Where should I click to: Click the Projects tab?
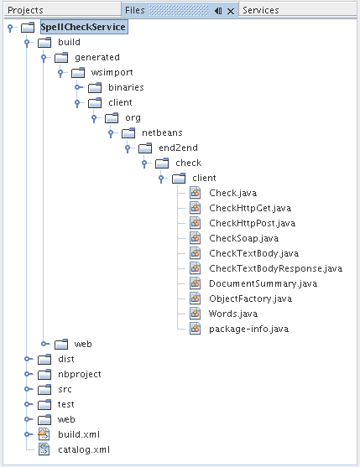pyautogui.click(x=26, y=10)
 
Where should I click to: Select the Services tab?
pyautogui.click(x=261, y=10)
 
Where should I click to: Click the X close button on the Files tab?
pyautogui.click(x=231, y=11)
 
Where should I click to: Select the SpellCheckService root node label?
pyautogui.click(x=83, y=27)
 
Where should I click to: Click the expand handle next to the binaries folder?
pyautogui.click(x=78, y=87)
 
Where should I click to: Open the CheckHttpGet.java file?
pyautogui.click(x=250, y=208)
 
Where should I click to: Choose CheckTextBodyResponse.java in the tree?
pyautogui.click(x=275, y=268)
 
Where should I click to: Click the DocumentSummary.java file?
pyautogui.click(x=263, y=283)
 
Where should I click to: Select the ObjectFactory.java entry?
pyautogui.click(x=251, y=298)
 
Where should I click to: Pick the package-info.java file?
pyautogui.click(x=249, y=329)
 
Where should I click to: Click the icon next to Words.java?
pyautogui.click(x=196, y=314)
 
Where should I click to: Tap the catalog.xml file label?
pyautogui.click(x=84, y=449)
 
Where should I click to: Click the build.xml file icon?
pyautogui.click(x=44, y=434)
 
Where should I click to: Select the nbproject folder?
pyautogui.click(x=80, y=375)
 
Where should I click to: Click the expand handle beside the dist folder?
pyautogui.click(x=28, y=359)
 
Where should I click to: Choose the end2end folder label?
pyautogui.click(x=178, y=148)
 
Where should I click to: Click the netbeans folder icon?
pyautogui.click(x=128, y=133)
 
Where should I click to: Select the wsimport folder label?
pyautogui.click(x=112, y=73)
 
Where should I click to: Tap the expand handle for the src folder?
pyautogui.click(x=28, y=389)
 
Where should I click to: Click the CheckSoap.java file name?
pyautogui.click(x=243, y=238)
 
